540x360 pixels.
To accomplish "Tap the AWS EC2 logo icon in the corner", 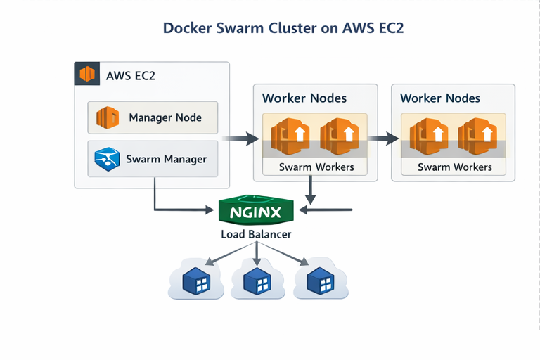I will [87, 74].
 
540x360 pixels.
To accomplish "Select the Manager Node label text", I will [165, 117].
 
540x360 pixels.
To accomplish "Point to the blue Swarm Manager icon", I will [107, 159].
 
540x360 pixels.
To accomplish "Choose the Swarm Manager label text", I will [166, 159].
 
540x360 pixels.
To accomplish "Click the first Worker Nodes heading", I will [304, 98].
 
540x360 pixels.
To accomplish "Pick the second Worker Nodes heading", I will [440, 98].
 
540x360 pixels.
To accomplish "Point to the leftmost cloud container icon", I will [195, 281].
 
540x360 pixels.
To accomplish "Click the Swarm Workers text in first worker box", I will [316, 167].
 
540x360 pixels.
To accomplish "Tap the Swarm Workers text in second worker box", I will [454, 167].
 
